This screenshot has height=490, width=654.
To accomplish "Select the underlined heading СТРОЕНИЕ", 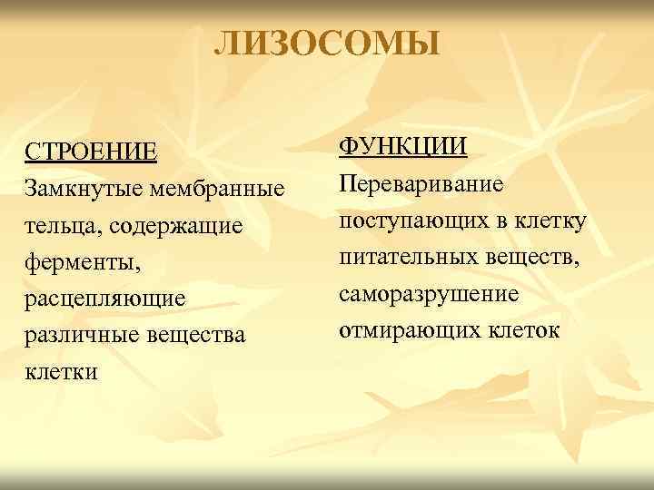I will (91, 151).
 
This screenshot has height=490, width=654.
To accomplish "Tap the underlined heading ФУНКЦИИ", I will (403, 146).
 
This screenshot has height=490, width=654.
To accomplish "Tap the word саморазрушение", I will (430, 295).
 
